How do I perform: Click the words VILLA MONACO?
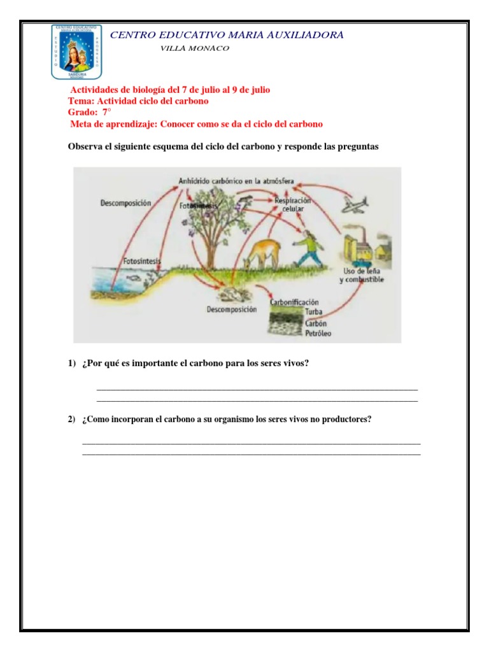click(195, 49)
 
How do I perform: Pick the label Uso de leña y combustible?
click(361, 276)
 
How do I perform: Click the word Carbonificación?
click(294, 302)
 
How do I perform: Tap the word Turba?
click(313, 312)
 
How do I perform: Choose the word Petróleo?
click(318, 333)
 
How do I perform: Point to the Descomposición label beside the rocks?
click(231, 309)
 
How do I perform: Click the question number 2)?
click(72, 420)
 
